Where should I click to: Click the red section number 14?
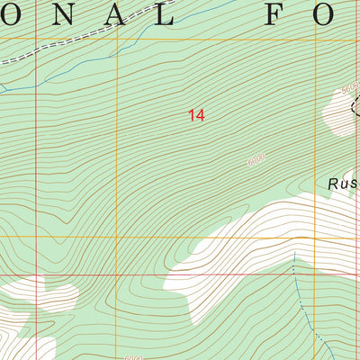(196, 115)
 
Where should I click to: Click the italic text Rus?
(342, 184)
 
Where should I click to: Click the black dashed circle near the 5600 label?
(355, 106)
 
